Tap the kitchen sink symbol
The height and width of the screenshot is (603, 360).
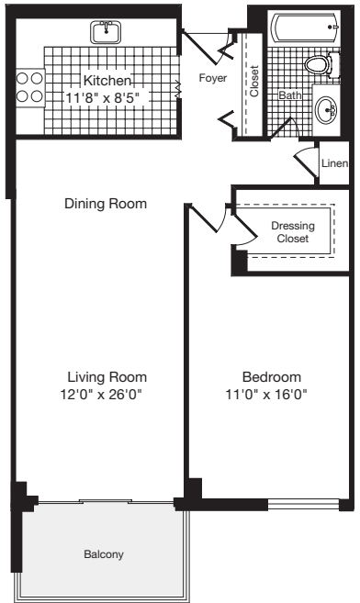pos(109,33)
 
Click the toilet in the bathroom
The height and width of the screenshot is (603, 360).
pos(317,67)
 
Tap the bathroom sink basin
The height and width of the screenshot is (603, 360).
pos(327,111)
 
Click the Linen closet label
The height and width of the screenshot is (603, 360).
pos(334,164)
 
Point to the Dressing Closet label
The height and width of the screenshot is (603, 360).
pos(293,232)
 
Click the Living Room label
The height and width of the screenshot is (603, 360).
pos(107,377)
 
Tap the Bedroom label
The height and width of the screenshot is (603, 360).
pos(272,377)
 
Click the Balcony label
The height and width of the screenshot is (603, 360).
pos(104,554)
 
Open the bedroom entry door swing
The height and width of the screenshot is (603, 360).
pos(207,225)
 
